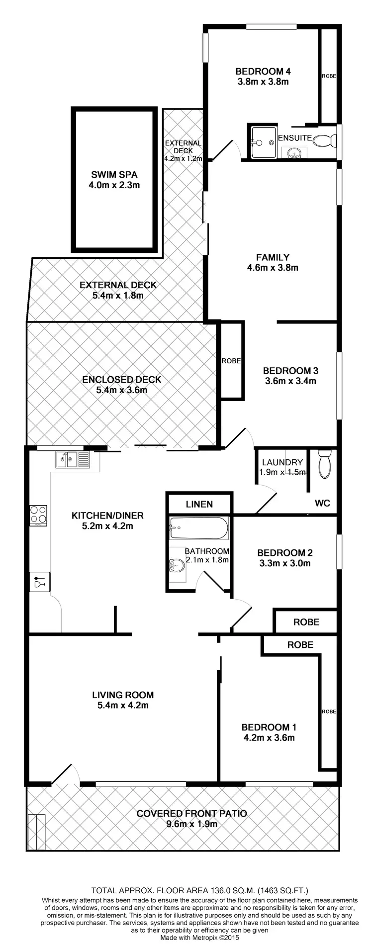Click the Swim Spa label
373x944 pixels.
pos(114,175)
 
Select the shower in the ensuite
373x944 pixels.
pos(263,142)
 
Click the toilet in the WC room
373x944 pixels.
pos(324,464)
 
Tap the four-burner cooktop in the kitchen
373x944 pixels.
pos(39,516)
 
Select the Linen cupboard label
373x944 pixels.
pos(199,504)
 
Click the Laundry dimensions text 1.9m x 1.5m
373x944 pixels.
pos(282,472)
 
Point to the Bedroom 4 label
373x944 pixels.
pos(263,71)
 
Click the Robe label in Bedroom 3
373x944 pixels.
pos(231,361)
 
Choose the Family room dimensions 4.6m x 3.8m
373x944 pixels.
pos(273,268)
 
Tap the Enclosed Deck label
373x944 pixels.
pos(122,380)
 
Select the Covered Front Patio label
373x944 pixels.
pos(191,814)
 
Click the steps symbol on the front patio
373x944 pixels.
pos(36,832)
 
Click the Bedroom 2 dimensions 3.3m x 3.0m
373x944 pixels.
pos(284,563)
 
